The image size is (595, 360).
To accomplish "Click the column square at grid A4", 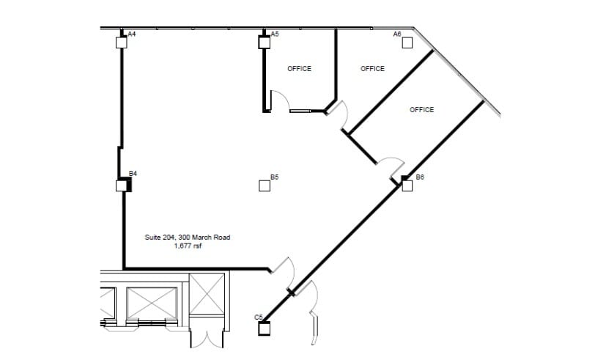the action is pos(121,43).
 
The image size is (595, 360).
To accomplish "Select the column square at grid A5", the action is pos(264,42).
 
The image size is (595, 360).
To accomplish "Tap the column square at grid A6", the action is pos(407,43).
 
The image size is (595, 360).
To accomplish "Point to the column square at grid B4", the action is pos(122,185).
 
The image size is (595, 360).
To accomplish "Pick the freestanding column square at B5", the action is pos(265,185).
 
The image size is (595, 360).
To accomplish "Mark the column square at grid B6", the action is pos(407,185).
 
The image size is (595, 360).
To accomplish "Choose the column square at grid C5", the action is pos(264,328).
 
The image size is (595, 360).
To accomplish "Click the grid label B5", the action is pos(275,177).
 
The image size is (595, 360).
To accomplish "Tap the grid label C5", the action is pos(259,317).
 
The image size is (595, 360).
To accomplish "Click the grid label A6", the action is pos(397,34).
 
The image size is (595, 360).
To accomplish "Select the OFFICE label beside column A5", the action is pos(299,69).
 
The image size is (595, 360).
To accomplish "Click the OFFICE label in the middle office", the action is pos(372,69).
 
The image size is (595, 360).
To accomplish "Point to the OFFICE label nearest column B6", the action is pos(421,110).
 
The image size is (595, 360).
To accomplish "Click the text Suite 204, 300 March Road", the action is pos(188,238).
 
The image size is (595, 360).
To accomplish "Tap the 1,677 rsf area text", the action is pos(188,246).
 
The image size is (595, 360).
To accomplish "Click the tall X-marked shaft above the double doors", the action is pos(207,294).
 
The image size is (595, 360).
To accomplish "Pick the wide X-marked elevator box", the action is pos(152,303).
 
